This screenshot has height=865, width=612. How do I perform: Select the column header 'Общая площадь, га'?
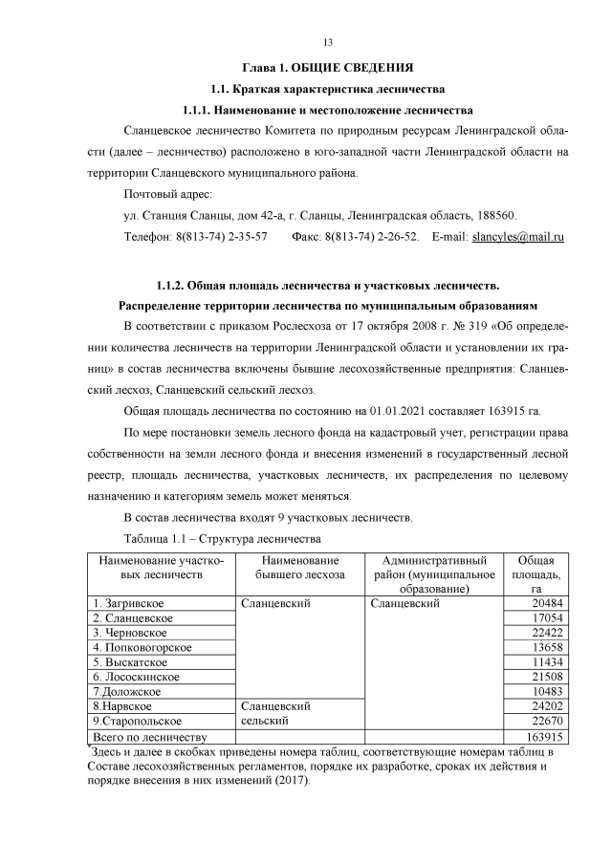[536, 574]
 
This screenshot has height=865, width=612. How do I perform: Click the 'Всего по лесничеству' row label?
[150, 736]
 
